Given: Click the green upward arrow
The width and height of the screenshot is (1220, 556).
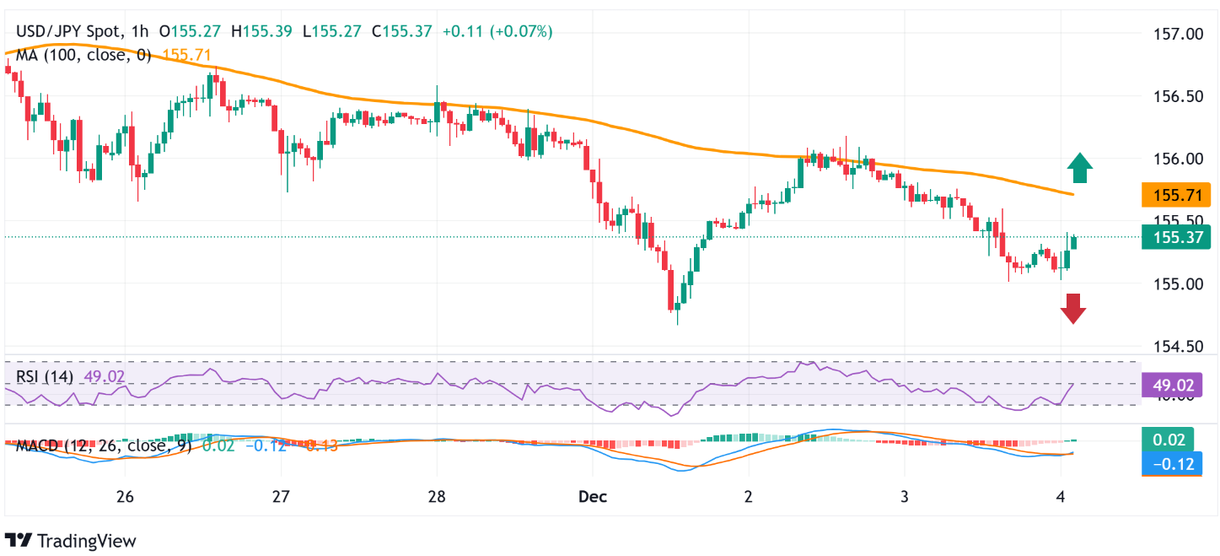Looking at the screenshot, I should [x=1079, y=168].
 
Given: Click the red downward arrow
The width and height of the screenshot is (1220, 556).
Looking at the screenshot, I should [x=1073, y=308].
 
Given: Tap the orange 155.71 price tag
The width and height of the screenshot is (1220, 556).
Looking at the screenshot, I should [x=1175, y=197].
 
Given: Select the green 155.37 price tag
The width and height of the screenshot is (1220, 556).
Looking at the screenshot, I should [x=1175, y=238].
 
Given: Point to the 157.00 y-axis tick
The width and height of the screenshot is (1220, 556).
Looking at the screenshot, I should [x=1178, y=34].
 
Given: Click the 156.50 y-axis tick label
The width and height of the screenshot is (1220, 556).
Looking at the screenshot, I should [x=1178, y=96].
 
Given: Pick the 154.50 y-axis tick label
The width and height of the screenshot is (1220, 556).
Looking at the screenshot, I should [x=1178, y=346].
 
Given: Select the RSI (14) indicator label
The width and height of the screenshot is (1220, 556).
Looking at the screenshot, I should [x=45, y=376].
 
